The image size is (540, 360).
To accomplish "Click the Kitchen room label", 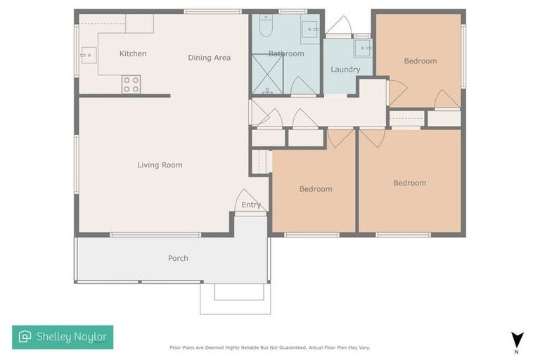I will point(133,54).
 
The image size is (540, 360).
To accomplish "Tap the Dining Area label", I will point(209,58).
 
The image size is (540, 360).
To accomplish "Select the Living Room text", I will point(160,165).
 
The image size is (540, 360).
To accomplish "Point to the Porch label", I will point(178,258).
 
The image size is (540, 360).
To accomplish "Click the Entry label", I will point(251,205).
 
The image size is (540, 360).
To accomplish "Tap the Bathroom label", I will point(286,54).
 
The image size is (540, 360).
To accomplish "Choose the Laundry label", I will point(345,70).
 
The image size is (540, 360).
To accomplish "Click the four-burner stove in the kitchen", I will point(131,84).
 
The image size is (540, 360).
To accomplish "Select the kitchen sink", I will point(87,53).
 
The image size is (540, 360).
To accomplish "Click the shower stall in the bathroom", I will point(267,74).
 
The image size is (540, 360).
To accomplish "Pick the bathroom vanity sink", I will point(310,29).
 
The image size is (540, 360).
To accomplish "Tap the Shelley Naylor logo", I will point(63,337).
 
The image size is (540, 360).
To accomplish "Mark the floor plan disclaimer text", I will point(269,347).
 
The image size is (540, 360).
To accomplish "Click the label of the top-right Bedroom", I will point(420,61).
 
